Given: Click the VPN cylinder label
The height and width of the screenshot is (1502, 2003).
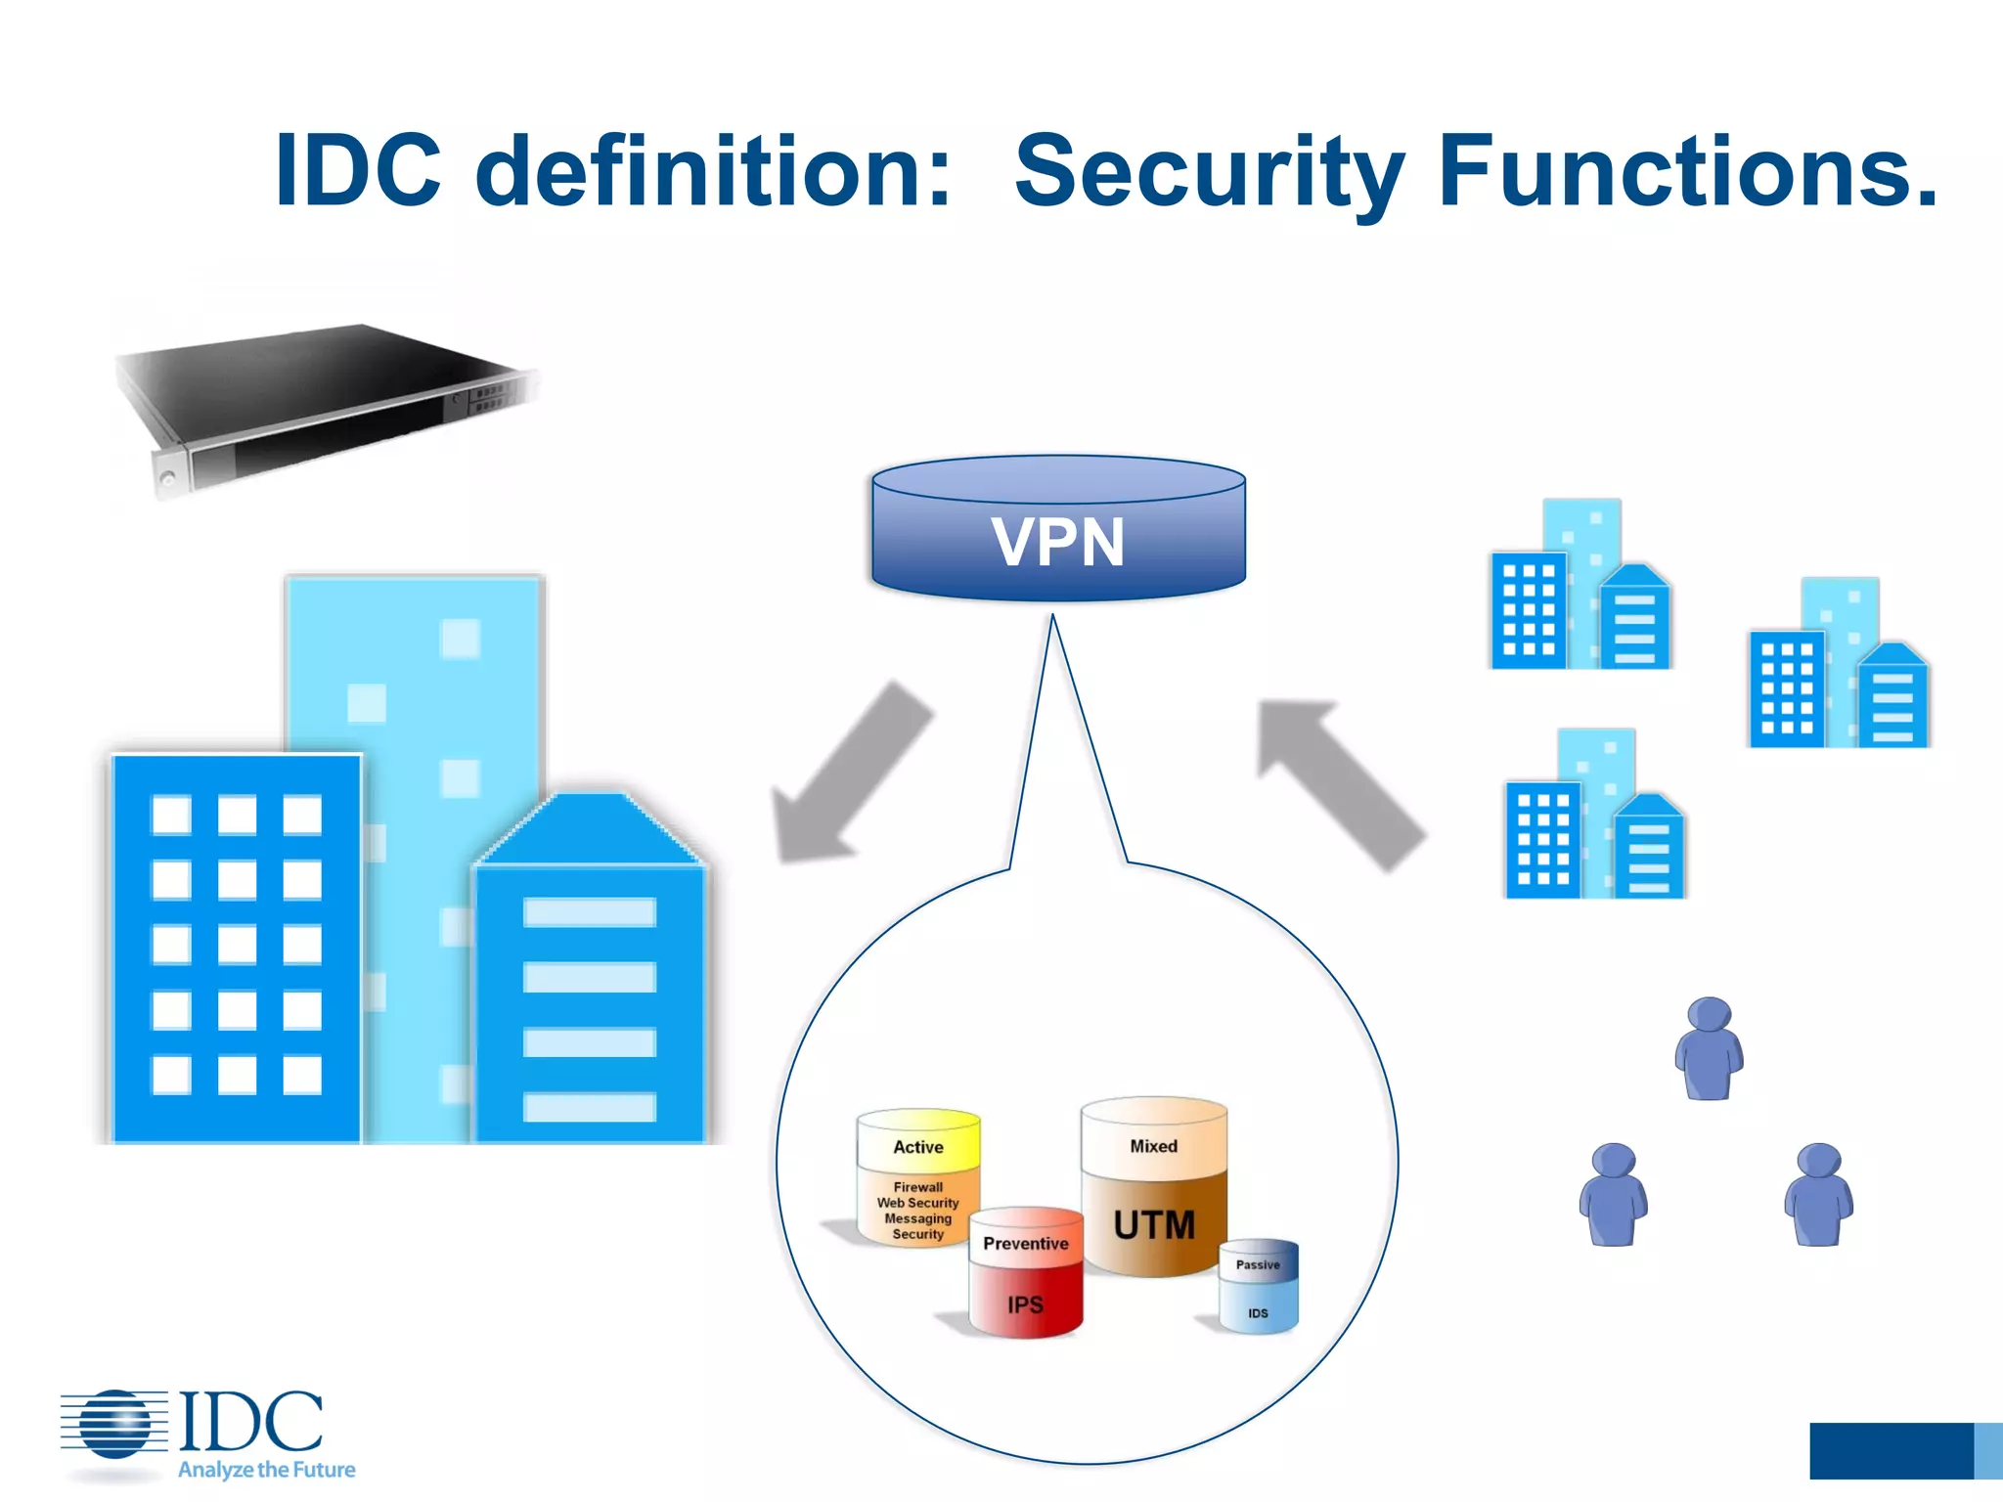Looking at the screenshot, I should pyautogui.click(x=1058, y=542).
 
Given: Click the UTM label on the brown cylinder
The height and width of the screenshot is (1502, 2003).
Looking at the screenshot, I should pyautogui.click(x=1154, y=1224).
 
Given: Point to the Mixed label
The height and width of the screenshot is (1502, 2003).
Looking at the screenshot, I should pyautogui.click(x=1154, y=1146).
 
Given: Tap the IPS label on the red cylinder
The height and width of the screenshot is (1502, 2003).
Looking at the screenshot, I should pyautogui.click(x=1025, y=1304).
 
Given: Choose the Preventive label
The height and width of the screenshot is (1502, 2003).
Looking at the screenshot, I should pyautogui.click(x=1025, y=1244).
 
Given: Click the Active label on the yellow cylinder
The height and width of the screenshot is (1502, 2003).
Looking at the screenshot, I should pyautogui.click(x=917, y=1147).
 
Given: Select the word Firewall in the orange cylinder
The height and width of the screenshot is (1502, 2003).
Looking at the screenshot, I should pyautogui.click(x=917, y=1187).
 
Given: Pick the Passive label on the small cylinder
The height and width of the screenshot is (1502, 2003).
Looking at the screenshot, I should pyautogui.click(x=1258, y=1264).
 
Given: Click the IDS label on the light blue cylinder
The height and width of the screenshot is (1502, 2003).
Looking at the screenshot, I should pyautogui.click(x=1258, y=1313).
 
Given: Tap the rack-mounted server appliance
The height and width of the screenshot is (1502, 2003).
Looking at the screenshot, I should pyautogui.click(x=323, y=406).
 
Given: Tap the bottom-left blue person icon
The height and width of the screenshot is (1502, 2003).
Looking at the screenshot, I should pyautogui.click(x=1613, y=1194).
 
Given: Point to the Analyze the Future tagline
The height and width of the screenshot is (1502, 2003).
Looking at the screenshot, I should pyautogui.click(x=266, y=1470).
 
